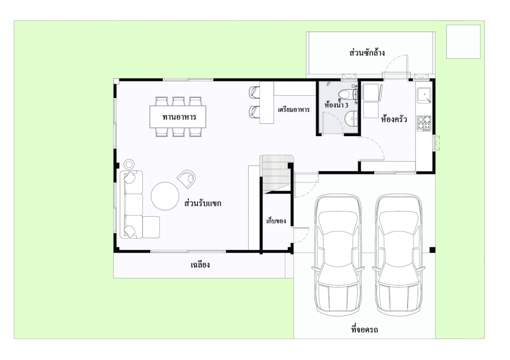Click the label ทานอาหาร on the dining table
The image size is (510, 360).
(179, 117)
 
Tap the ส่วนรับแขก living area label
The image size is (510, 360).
(203, 203)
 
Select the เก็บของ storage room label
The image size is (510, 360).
(276, 221)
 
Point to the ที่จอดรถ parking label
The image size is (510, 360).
(364, 330)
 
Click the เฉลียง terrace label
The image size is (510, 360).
(200, 265)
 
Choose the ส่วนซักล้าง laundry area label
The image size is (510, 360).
(367, 52)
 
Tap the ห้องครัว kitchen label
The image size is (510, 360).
(394, 119)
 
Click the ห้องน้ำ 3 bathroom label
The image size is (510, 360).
(336, 105)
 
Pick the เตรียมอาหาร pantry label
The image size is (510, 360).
(294, 110)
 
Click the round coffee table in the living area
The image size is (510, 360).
(165, 196)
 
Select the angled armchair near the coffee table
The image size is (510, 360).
(186, 179)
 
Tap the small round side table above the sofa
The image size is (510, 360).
(129, 164)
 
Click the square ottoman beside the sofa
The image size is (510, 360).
(151, 227)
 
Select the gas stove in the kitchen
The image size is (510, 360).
(424, 123)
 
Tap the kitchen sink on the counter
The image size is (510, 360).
(424, 95)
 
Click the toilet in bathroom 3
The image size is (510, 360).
(348, 94)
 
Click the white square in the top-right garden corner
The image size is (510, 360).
(463, 41)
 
